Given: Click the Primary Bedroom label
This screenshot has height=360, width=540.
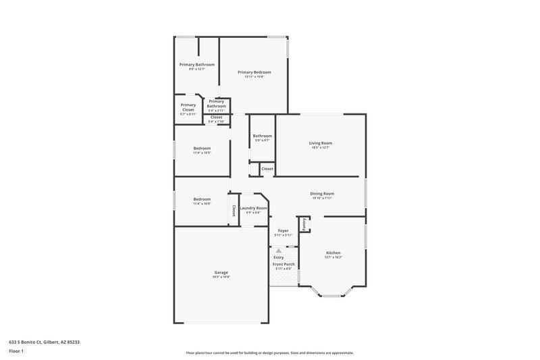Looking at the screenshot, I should [254, 72].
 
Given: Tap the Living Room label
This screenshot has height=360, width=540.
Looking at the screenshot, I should [321, 143].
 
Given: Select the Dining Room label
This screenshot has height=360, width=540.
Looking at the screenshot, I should [323, 193].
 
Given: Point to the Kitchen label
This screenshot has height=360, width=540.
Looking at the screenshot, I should [333, 252].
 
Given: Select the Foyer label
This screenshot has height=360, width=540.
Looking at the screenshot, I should [283, 230].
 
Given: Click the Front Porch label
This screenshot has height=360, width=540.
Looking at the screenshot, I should [283, 264].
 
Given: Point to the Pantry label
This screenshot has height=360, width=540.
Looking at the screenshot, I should [305, 224].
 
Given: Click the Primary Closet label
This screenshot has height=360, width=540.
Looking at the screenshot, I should [188, 107].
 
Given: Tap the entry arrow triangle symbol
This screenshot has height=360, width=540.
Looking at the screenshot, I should [278, 250].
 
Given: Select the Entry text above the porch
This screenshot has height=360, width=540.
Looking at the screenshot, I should [278, 257].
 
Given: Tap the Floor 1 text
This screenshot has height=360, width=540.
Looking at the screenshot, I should [16, 351].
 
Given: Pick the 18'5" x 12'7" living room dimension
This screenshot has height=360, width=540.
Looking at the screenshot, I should [321, 147].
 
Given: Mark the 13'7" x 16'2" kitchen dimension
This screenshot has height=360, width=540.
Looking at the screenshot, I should [333, 257].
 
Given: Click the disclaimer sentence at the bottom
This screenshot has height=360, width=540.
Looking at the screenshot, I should [269, 353].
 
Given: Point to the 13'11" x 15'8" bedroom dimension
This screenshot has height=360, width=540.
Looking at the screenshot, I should [254, 76].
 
